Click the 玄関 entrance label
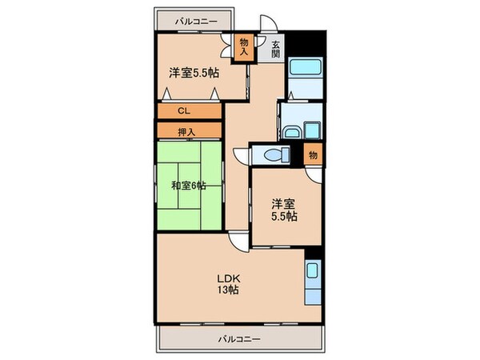pyautogui.click(x=275, y=49)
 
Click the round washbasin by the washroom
pyautogui.click(x=293, y=133)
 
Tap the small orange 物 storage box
pyautogui.click(x=313, y=154)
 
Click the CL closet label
pyautogui.click(x=183, y=111)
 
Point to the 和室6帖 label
pyautogui.click(x=188, y=186)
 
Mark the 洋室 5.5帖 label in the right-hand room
pyautogui.click(x=279, y=210)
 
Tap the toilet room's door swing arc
pyautogui.click(x=242, y=152)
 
